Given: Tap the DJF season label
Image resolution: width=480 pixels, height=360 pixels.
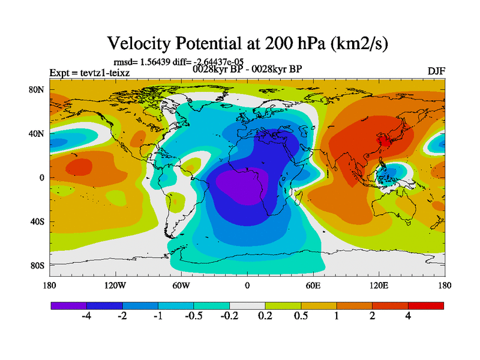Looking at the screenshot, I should pyautogui.click(x=436, y=71).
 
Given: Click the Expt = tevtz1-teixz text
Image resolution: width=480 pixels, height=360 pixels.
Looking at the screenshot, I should pyautogui.click(x=89, y=73).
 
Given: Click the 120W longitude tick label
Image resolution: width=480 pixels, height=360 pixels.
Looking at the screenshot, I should pyautogui.click(x=115, y=285).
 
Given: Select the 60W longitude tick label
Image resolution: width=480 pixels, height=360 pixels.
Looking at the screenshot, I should pyautogui.click(x=181, y=285).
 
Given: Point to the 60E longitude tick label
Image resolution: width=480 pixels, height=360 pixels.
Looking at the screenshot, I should pyautogui.click(x=313, y=285).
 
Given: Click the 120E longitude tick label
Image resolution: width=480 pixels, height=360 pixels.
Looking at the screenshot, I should pyautogui.click(x=379, y=285).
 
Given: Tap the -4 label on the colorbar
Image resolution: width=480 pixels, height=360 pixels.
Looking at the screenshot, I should pyautogui.click(x=86, y=317).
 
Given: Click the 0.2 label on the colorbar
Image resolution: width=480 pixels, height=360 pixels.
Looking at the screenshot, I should pyautogui.click(x=265, y=317).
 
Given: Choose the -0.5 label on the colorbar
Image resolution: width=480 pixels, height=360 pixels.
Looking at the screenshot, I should pyautogui.click(x=194, y=317).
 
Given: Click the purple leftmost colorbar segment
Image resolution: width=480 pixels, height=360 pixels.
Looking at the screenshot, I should pyautogui.click(x=68, y=305).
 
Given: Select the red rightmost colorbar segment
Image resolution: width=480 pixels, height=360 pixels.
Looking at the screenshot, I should pyautogui.click(x=426, y=305).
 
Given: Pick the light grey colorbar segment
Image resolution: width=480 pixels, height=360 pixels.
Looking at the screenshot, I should pyautogui.click(x=247, y=305).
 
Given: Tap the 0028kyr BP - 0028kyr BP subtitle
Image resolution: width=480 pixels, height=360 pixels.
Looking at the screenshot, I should pyautogui.click(x=247, y=68).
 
